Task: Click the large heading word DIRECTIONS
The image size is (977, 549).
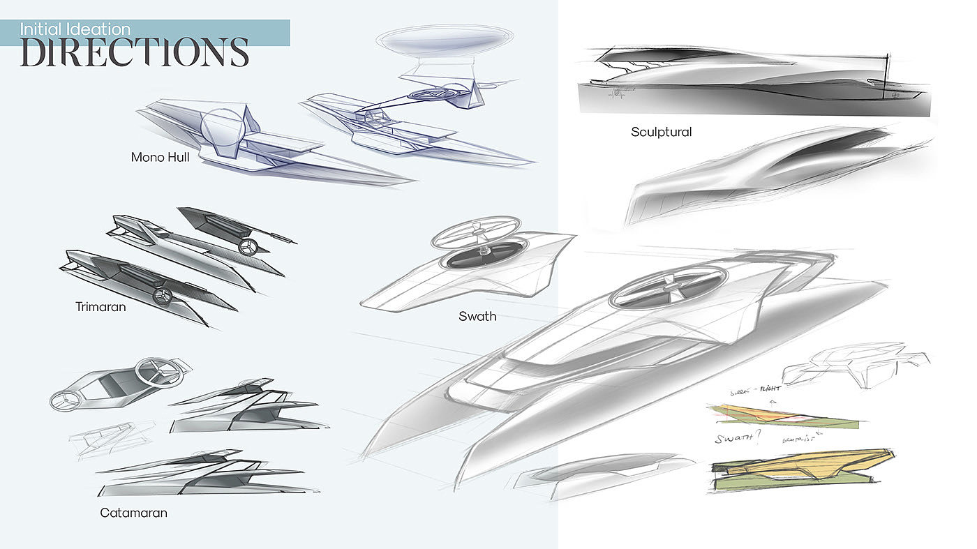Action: tap(135, 52)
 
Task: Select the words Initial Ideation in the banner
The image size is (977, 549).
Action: tap(75, 29)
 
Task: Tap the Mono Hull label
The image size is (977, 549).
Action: tap(161, 158)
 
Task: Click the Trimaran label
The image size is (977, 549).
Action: tap(100, 306)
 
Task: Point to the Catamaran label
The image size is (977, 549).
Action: tap(133, 513)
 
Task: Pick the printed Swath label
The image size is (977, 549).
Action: tap(477, 316)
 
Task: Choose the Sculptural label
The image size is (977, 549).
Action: tap(661, 132)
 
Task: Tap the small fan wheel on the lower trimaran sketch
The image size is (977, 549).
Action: tap(163, 295)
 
